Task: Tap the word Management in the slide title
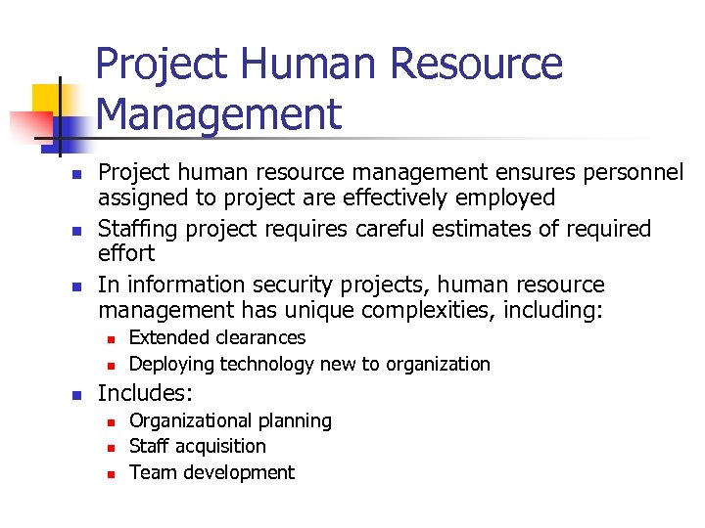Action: tap(219, 113)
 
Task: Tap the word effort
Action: tap(126, 254)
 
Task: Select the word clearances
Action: tap(258, 338)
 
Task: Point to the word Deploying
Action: tap(170, 365)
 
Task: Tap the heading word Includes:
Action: tap(146, 394)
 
